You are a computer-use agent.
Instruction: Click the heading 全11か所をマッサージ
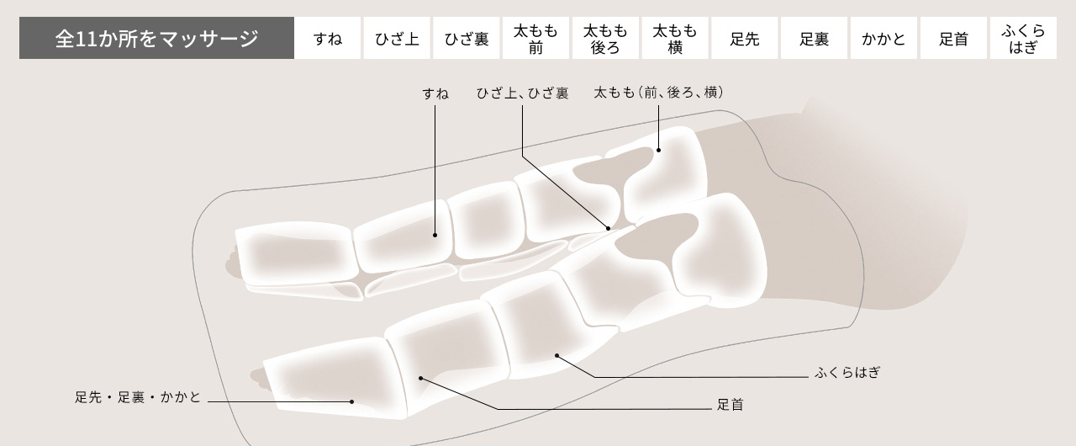point(156,39)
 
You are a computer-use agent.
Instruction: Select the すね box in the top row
point(327,39)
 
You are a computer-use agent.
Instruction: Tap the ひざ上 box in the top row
point(397,39)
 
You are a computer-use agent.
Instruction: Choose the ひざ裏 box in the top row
point(467,39)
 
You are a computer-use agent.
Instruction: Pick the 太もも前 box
point(535,39)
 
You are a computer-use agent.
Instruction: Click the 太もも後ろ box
point(605,39)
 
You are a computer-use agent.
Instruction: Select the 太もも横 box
point(675,39)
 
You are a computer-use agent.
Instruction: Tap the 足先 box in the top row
point(745,39)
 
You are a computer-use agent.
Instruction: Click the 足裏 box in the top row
point(814,39)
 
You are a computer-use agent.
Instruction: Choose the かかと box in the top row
point(883,39)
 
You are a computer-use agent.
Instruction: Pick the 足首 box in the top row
point(953,39)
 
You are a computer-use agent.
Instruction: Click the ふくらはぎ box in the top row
point(1023,39)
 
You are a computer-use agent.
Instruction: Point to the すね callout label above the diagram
point(435,93)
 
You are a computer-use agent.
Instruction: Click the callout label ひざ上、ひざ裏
point(522,93)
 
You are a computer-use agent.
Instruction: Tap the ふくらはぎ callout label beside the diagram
point(847,372)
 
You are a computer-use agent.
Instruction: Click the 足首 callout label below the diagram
point(730,405)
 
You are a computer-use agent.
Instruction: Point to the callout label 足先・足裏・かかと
point(139,397)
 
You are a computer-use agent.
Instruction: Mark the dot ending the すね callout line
point(435,235)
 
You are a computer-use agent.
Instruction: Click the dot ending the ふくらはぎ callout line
point(557,356)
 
